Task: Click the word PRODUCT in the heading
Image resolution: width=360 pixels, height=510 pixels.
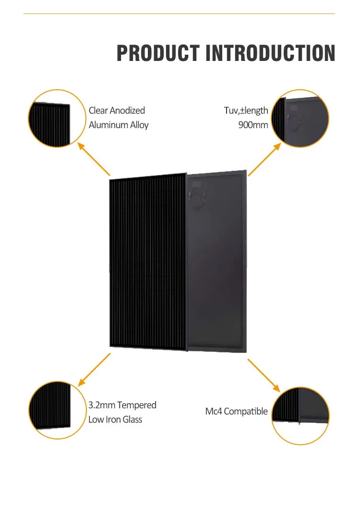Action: (x=158, y=53)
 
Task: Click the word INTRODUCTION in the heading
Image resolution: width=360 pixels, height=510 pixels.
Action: (x=270, y=53)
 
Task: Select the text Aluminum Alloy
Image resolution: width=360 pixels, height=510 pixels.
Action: (x=119, y=125)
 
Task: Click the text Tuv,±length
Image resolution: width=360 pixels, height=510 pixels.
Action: (x=246, y=110)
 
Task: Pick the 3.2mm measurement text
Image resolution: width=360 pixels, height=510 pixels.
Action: (x=102, y=405)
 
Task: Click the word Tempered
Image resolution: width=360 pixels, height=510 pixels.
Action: (x=137, y=405)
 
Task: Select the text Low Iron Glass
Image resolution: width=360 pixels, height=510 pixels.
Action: (x=115, y=419)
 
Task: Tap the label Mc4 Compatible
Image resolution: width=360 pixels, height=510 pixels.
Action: (x=236, y=411)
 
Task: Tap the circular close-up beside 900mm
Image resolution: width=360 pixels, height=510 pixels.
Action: (x=300, y=118)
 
